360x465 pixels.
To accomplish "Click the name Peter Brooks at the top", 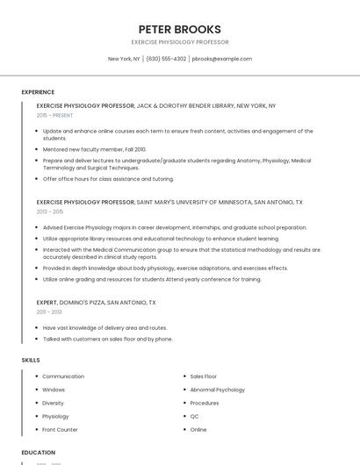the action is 180,29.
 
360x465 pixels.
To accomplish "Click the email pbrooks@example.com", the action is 221,59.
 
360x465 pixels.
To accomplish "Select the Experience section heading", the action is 38,92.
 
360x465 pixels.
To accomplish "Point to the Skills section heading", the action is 31,361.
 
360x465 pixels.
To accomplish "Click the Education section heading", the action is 38,453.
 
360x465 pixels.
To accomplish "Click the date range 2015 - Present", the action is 54,115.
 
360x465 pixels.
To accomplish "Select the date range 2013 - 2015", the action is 50,211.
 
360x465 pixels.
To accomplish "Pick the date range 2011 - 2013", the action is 49,311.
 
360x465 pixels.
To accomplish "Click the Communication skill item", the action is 63,376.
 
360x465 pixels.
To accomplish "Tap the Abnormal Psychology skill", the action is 217,390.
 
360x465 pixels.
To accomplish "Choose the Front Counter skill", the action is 60,430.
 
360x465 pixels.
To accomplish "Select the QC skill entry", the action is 194,416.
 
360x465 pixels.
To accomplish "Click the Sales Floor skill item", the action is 203,376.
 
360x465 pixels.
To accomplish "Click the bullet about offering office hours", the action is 108,179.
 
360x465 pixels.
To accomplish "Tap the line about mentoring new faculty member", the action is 94,149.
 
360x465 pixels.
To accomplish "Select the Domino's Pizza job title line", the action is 96,302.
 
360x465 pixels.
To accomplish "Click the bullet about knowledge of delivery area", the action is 104,328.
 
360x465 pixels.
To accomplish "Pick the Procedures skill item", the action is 205,403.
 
